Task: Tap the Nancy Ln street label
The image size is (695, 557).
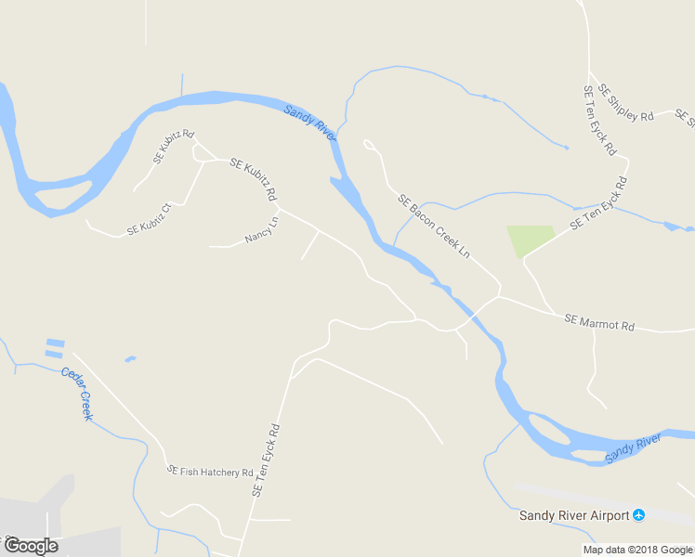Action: click(x=262, y=231)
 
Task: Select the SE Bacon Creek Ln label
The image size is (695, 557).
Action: click(x=434, y=226)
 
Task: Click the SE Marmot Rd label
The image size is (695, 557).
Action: click(x=599, y=323)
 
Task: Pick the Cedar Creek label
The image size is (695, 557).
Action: click(x=77, y=394)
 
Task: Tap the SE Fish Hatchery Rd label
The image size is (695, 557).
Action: click(x=210, y=472)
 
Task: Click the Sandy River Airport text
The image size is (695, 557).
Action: click(x=573, y=515)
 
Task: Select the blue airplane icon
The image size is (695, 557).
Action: click(x=638, y=514)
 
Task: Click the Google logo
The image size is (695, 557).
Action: click(x=31, y=545)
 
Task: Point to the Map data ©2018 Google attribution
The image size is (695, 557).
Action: click(x=637, y=550)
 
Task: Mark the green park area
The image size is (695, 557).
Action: click(x=530, y=240)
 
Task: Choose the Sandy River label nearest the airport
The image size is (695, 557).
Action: click(x=633, y=447)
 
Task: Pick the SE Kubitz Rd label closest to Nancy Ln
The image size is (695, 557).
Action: click(x=253, y=180)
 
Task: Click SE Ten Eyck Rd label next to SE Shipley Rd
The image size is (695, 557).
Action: click(x=599, y=121)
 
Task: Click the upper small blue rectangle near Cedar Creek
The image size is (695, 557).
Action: click(x=55, y=343)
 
